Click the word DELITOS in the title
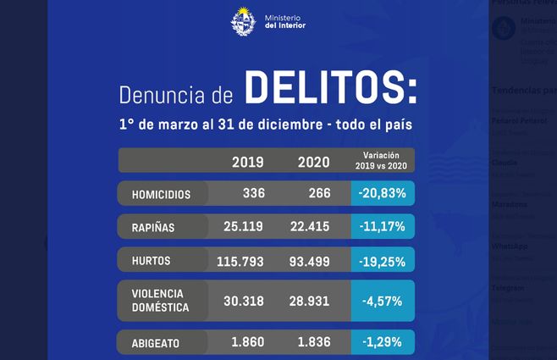click(x=331, y=86)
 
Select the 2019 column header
click(x=247, y=162)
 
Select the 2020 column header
click(x=313, y=162)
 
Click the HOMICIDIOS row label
click(x=161, y=194)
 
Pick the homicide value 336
click(x=253, y=193)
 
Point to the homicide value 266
click(x=319, y=193)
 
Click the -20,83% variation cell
click(x=382, y=193)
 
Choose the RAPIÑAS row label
click(x=152, y=226)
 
